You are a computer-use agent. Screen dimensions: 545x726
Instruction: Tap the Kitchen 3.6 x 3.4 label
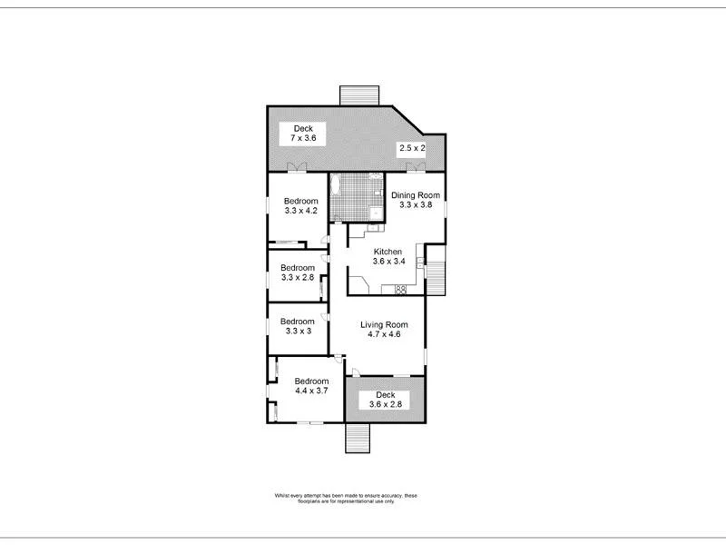pyautogui.click(x=388, y=256)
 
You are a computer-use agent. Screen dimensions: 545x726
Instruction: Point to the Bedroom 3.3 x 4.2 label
pyautogui.click(x=300, y=205)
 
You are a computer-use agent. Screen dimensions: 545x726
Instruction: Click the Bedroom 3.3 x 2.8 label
pyautogui.click(x=297, y=272)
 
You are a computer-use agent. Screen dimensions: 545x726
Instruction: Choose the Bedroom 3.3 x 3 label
pyautogui.click(x=297, y=326)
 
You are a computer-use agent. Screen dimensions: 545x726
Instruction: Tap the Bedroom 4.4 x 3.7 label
pyautogui.click(x=310, y=385)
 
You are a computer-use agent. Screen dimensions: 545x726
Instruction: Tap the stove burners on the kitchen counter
pyautogui.click(x=399, y=290)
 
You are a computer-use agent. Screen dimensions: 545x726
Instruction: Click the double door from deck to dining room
pyautogui.click(x=415, y=167)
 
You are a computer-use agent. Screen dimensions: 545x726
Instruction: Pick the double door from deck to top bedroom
pyautogui.click(x=296, y=167)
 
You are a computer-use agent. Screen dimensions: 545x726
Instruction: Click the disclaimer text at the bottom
pyautogui.click(x=346, y=498)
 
